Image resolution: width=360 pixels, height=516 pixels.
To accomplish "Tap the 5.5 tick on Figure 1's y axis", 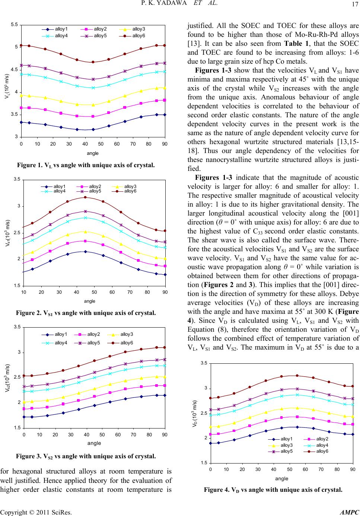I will coord(15,25).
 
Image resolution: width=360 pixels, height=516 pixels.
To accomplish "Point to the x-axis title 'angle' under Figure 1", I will coord(93,153).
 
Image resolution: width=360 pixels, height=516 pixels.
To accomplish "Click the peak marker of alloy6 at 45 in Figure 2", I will coord(85,197).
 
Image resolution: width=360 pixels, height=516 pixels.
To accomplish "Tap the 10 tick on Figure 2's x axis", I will coord(23,293).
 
